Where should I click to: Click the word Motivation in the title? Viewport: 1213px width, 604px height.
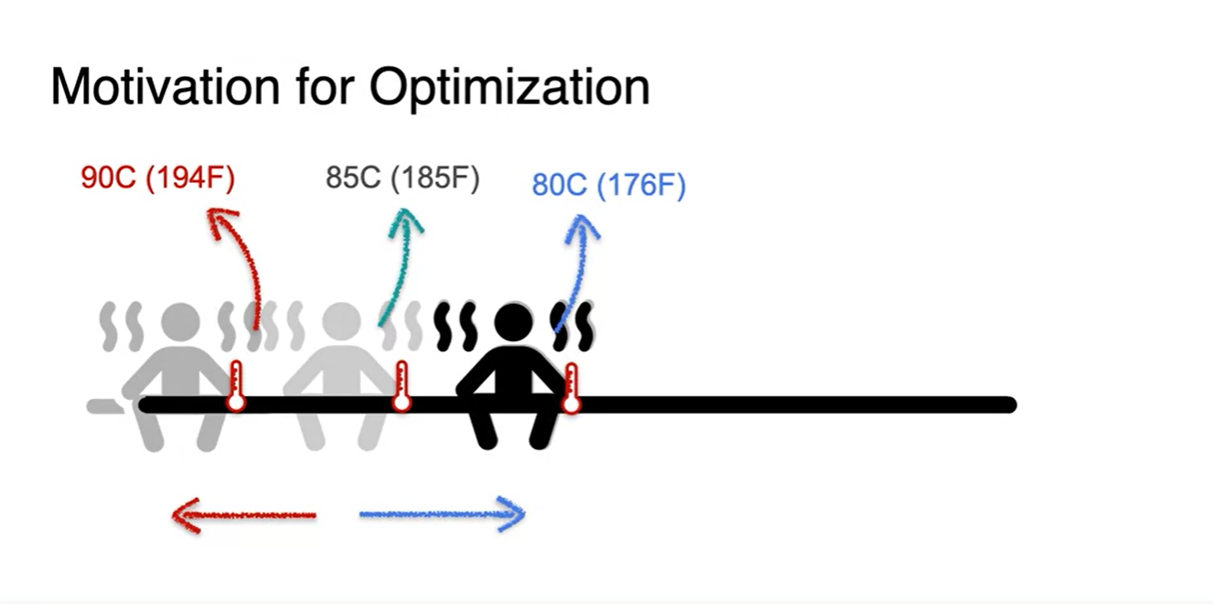(x=166, y=87)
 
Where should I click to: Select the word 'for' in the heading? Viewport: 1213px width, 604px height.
(x=325, y=86)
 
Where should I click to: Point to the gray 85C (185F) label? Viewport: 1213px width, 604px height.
(x=403, y=178)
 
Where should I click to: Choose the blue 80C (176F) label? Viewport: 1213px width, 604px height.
(x=608, y=185)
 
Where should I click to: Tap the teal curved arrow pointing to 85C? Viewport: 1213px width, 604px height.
(x=401, y=265)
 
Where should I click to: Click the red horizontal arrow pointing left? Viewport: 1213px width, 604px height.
(x=243, y=515)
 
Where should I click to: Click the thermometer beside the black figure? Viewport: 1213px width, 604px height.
(x=572, y=389)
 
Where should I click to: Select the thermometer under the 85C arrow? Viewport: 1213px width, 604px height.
(x=402, y=387)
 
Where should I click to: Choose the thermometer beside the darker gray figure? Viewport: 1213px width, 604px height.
(x=236, y=387)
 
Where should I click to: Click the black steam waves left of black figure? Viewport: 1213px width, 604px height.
(x=456, y=326)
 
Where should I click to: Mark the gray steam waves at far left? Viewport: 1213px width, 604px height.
(x=122, y=326)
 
